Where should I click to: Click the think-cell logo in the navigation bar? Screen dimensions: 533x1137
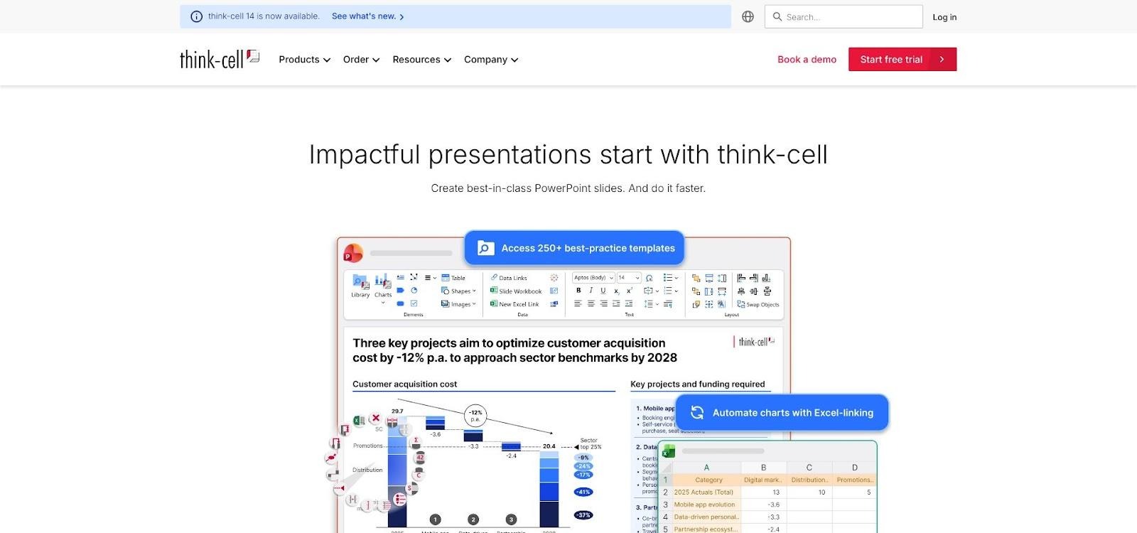[219, 59]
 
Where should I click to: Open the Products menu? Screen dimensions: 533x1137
[304, 60]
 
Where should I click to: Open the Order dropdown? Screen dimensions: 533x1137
[361, 60]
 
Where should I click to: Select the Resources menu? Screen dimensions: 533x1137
[421, 60]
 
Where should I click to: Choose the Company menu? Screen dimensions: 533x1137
[490, 60]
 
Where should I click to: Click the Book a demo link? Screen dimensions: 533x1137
[807, 60]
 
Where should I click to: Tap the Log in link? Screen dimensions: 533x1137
[944, 17]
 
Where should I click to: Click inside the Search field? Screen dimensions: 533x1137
[849, 17]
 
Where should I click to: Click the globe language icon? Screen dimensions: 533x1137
[748, 17]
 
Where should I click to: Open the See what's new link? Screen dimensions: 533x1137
[367, 16]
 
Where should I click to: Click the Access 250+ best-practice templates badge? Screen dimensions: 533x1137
[574, 248]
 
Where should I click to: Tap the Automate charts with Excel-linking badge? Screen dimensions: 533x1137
[782, 413]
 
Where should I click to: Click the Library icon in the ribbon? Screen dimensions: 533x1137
[360, 285]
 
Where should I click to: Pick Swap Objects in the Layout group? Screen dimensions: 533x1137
[758, 304]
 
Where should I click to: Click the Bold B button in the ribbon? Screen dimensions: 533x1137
[578, 291]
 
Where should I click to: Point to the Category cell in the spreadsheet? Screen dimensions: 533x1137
[708, 480]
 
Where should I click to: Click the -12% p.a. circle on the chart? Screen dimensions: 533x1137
[475, 415]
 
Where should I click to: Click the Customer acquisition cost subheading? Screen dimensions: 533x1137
[404, 384]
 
